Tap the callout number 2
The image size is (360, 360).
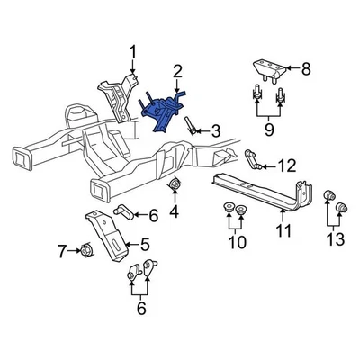click(x=177, y=70)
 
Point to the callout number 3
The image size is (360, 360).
click(x=214, y=131)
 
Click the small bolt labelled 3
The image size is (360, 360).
click(x=193, y=128)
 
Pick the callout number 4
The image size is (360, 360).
click(x=174, y=212)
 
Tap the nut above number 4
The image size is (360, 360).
click(x=173, y=186)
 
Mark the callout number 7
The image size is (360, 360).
click(x=61, y=251)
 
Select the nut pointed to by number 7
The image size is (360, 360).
click(x=87, y=250)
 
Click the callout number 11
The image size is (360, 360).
click(x=285, y=237)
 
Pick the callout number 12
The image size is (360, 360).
click(x=287, y=165)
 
